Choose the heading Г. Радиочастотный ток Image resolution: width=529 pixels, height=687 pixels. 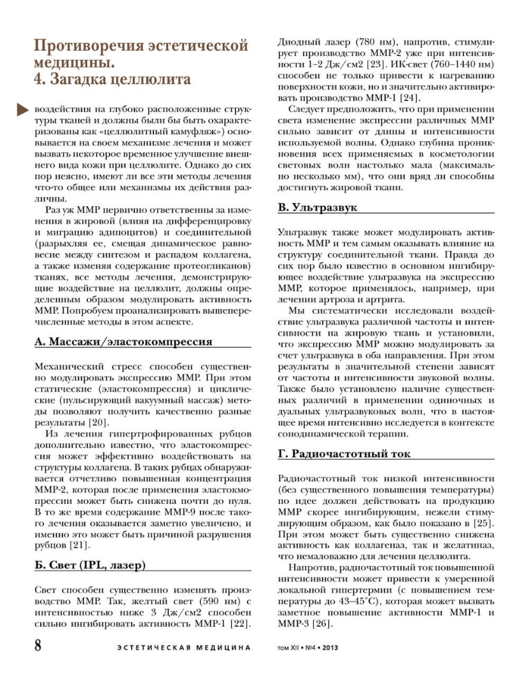pos(344,454)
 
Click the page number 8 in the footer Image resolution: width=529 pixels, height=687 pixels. pos(39,644)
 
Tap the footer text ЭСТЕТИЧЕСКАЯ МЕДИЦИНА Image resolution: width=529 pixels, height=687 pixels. pos(183,648)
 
